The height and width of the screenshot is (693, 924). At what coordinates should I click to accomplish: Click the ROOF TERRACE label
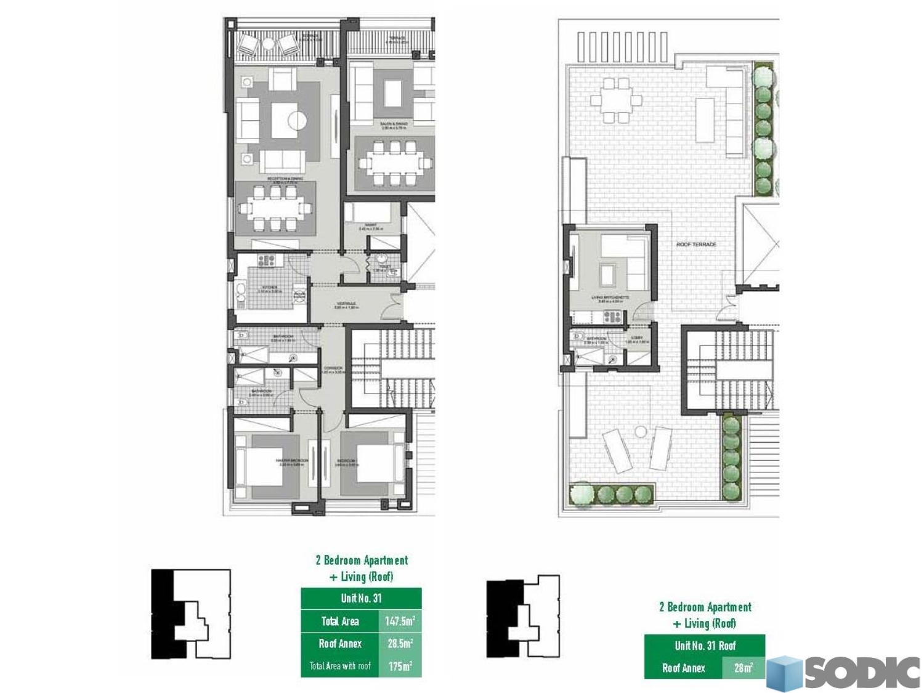[696, 245]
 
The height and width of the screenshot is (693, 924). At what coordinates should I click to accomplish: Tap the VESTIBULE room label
[346, 305]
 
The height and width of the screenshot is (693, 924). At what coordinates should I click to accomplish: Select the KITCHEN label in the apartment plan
[270, 288]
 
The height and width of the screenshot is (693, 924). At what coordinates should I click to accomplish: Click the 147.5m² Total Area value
[400, 621]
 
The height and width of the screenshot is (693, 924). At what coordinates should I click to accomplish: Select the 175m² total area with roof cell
[400, 666]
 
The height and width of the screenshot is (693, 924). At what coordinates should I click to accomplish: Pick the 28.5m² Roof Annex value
[400, 644]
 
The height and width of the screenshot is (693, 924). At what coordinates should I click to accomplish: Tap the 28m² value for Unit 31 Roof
[743, 668]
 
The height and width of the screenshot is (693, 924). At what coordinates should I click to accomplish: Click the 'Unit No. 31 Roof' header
[705, 646]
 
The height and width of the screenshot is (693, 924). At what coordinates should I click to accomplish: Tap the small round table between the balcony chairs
[269, 44]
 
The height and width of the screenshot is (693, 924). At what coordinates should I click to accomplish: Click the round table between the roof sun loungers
[641, 431]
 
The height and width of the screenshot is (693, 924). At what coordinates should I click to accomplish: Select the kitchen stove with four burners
[266, 261]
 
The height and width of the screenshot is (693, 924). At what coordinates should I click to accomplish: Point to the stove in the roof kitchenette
[612, 317]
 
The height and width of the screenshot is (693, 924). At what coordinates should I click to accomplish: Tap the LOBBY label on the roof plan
[637, 338]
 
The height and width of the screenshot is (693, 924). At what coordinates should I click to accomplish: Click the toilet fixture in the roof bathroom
[577, 337]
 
